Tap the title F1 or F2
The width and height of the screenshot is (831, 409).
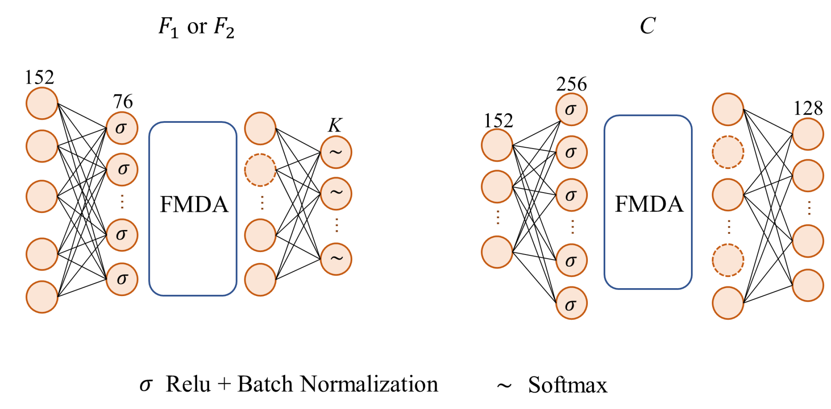pyautogui.click(x=196, y=27)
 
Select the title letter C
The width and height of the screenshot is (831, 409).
pyautogui.click(x=647, y=26)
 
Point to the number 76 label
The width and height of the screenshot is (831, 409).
pyautogui.click(x=123, y=102)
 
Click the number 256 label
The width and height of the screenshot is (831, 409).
pyautogui.click(x=571, y=84)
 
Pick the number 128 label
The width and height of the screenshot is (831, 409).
pyautogui.click(x=808, y=108)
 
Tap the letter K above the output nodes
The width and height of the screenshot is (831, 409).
pyautogui.click(x=335, y=125)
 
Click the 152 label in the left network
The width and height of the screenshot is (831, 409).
pyautogui.click(x=39, y=77)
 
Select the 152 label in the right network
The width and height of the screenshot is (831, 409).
pyautogui.click(x=498, y=121)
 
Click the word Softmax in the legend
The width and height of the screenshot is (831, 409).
pyautogui.click(x=567, y=385)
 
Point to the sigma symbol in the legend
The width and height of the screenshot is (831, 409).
pyautogui.click(x=146, y=385)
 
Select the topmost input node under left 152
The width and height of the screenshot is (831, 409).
pyautogui.click(x=42, y=103)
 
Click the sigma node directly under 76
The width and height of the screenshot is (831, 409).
pyautogui.click(x=121, y=128)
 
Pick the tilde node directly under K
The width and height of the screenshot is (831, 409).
pyautogui.click(x=336, y=152)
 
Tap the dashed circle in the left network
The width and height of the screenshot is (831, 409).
pyautogui.click(x=260, y=170)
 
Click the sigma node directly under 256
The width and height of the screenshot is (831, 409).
pyautogui.click(x=571, y=110)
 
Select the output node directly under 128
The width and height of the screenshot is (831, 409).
pyautogui.click(x=808, y=134)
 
